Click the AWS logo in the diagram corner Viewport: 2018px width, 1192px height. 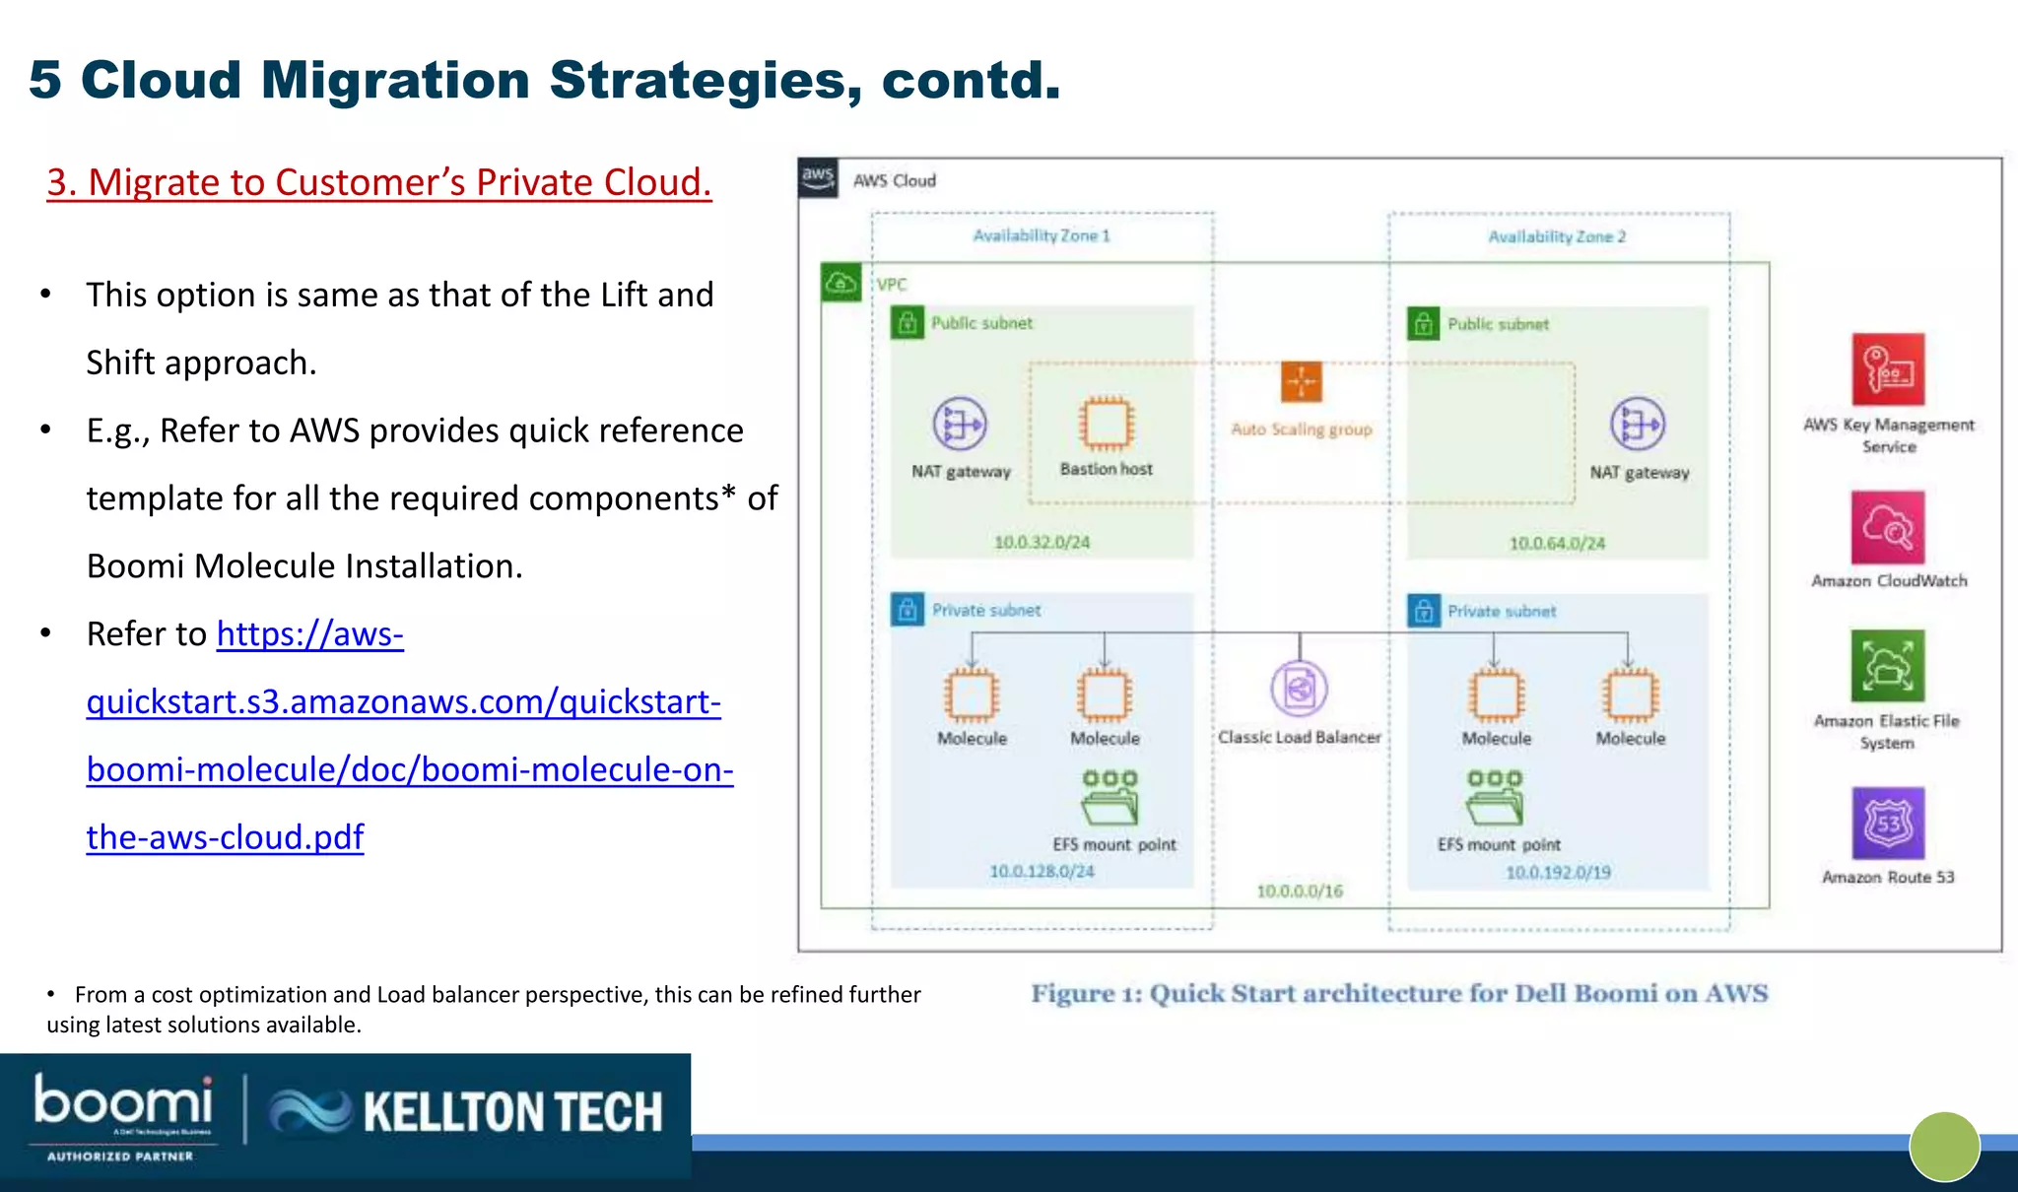pos(818,178)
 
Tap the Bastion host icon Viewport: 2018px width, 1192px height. pos(1106,424)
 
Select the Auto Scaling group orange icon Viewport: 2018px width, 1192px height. pos(1301,382)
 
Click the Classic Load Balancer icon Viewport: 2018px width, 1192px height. pos(1299,689)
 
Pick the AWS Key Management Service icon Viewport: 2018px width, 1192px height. pos(1887,370)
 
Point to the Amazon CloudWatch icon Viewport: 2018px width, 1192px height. pos(1887,528)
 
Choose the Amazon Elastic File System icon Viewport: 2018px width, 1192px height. pos(1887,667)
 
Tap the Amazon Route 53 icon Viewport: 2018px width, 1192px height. pos(1887,824)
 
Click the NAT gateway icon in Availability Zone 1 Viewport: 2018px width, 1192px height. pos(960,425)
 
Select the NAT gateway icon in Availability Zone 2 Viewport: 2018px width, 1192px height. pos(1638,425)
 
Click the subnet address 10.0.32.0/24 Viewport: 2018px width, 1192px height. pos(1042,543)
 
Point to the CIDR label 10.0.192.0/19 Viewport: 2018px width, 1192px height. pos(1558,873)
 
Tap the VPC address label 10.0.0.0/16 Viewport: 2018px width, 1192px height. pos(1300,892)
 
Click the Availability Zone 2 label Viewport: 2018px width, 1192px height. pos(1557,236)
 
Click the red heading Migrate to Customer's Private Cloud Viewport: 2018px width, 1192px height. pos(378,183)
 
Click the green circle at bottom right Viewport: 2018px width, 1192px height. pos(1944,1147)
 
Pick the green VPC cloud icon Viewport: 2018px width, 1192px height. pos(841,284)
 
